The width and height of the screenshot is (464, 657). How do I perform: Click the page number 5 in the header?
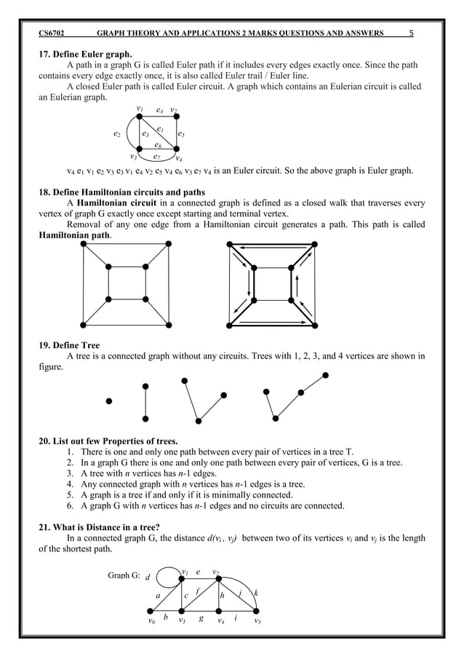pyautogui.click(x=412, y=33)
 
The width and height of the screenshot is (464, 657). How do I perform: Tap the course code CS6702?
pyautogui.click(x=55, y=33)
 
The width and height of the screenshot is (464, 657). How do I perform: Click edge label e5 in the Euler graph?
pyautogui.click(x=181, y=134)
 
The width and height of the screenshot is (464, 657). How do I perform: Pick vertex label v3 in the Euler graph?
pyautogui.click(x=133, y=156)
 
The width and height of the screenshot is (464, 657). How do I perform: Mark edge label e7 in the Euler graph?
pyautogui.click(x=156, y=156)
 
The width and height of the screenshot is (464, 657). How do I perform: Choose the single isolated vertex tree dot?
pyautogui.click(x=108, y=401)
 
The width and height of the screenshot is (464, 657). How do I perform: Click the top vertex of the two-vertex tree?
pyautogui.click(x=146, y=384)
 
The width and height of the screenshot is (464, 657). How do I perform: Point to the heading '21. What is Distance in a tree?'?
pyautogui.click(x=106, y=526)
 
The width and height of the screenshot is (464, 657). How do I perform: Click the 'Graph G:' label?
pyautogui.click(x=124, y=575)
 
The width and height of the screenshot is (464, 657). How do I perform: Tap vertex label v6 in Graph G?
pyautogui.click(x=151, y=622)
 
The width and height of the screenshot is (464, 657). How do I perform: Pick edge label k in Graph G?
pyautogui.click(x=256, y=593)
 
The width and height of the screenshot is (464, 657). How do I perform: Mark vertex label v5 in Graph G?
pyautogui.click(x=258, y=622)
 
